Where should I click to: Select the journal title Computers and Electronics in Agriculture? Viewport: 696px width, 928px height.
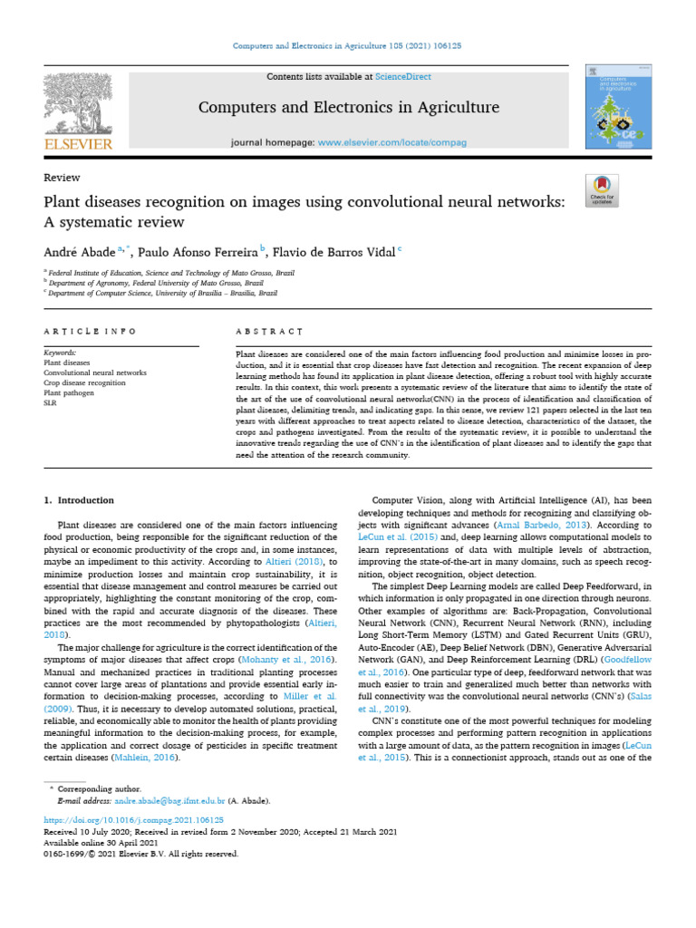tap(348, 108)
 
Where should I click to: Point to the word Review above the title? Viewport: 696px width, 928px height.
tap(62, 178)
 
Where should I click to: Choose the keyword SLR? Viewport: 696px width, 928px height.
tap(51, 403)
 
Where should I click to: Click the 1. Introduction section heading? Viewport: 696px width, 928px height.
tap(80, 500)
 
